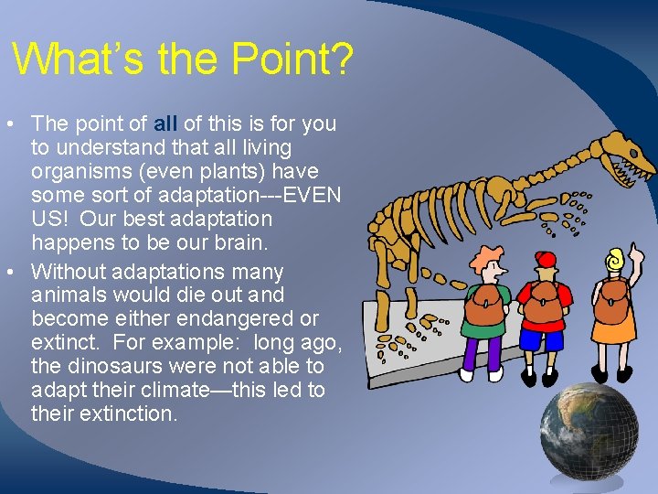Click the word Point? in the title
click(292, 60)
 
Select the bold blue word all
click(165, 123)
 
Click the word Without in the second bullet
click(66, 272)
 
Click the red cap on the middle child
click(547, 259)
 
